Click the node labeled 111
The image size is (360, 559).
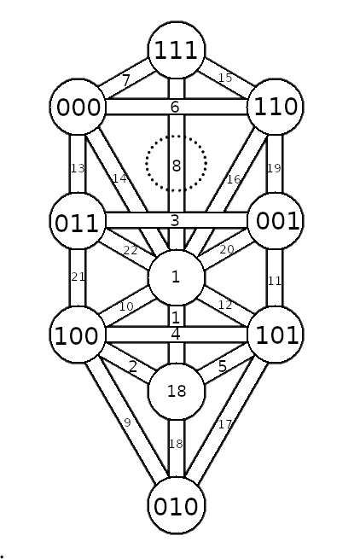coord(177,49)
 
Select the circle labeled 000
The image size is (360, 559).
coord(78,107)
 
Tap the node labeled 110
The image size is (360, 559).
coord(276,107)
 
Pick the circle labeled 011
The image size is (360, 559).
coord(78,221)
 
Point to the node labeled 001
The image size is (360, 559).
coord(276,221)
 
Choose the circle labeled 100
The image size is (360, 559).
coord(78,335)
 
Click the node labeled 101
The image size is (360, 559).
coord(276,335)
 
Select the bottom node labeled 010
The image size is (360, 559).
coord(177,505)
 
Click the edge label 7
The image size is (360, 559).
coord(125,80)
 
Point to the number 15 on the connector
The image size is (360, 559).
coord(225,78)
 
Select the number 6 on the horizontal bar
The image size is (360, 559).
coord(175,107)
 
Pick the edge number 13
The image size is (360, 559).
coord(78,168)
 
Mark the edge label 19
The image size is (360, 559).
coord(274,168)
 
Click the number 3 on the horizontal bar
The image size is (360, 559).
coord(175,221)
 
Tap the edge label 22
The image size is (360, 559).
coord(131,251)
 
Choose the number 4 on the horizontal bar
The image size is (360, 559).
coord(176,335)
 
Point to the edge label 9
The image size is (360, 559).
coord(127,422)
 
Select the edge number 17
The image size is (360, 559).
coord(224,424)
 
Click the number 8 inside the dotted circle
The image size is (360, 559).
coord(176,166)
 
